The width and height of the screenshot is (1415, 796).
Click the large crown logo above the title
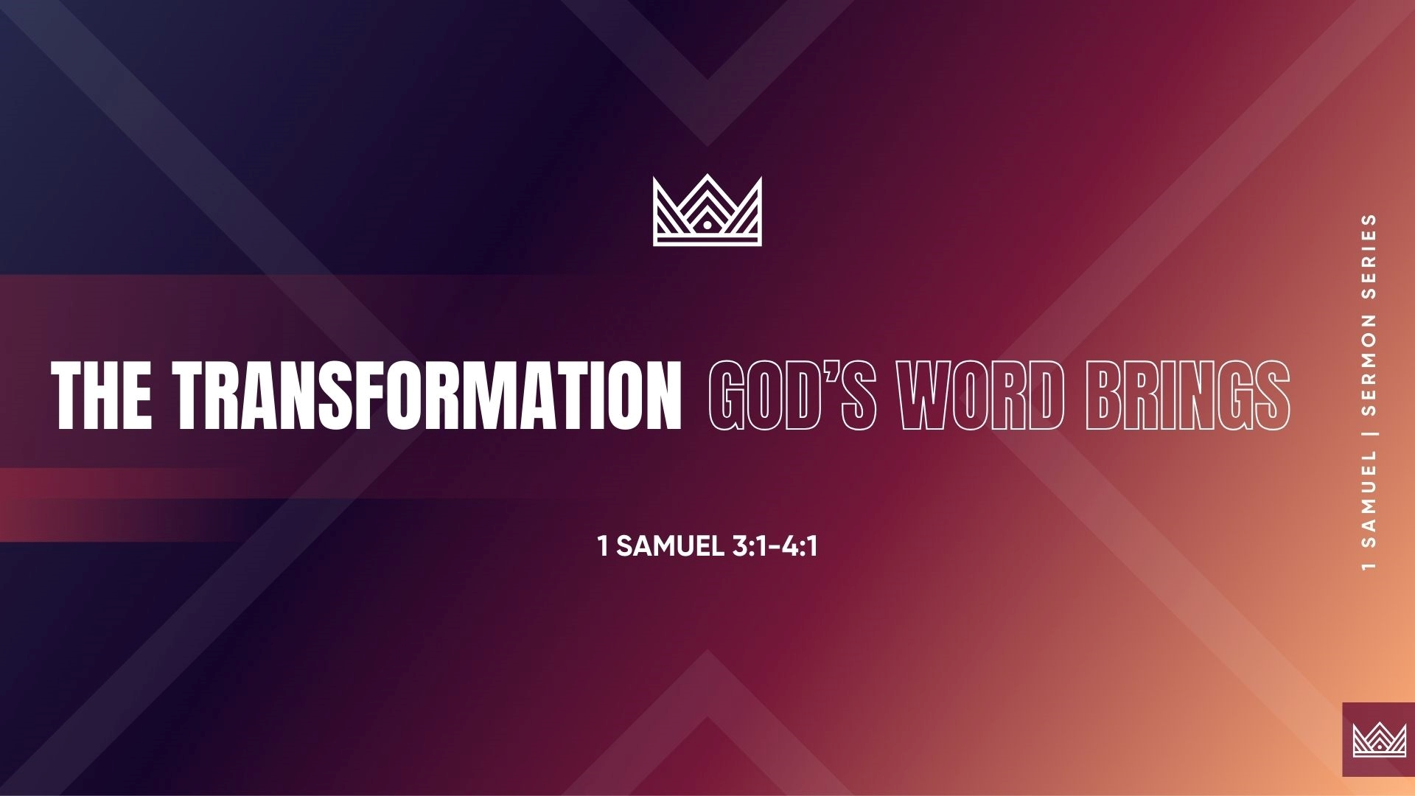[x=707, y=209]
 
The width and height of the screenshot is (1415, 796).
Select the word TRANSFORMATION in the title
[x=427, y=396]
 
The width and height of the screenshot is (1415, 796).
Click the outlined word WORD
[x=985, y=396]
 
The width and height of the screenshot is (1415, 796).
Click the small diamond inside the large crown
[x=707, y=226]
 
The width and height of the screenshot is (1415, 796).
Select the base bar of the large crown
[x=707, y=240]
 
